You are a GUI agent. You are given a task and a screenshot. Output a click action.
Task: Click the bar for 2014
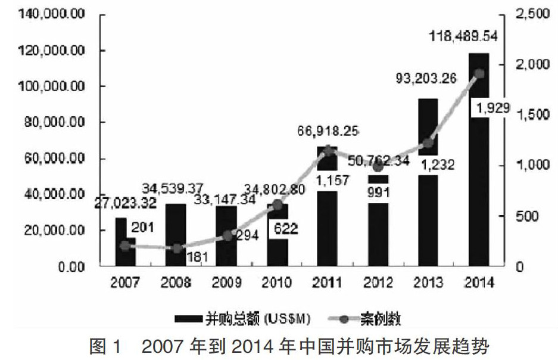pyautogui.click(x=479, y=160)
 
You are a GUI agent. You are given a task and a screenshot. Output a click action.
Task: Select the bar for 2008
pyautogui.click(x=176, y=235)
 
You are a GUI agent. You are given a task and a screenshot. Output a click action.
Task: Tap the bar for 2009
pyautogui.click(x=226, y=236)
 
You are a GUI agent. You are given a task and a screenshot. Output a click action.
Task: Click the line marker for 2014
pyautogui.click(x=479, y=74)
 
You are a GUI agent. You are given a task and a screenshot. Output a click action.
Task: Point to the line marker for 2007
pyautogui.click(x=125, y=246)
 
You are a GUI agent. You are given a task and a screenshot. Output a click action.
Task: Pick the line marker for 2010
pyautogui.click(x=278, y=205)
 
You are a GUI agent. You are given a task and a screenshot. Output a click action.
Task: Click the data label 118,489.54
pyautogui.click(x=463, y=36)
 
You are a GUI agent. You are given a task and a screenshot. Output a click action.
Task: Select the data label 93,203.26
pyautogui.click(x=426, y=78)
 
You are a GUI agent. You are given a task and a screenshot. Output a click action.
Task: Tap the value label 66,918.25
pyautogui.click(x=328, y=131)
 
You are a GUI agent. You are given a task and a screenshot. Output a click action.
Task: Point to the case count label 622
pyautogui.click(x=286, y=228)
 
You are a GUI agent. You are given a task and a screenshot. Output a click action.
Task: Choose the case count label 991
pyautogui.click(x=378, y=193)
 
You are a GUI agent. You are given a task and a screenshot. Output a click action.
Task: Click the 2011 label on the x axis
pyautogui.click(x=327, y=283)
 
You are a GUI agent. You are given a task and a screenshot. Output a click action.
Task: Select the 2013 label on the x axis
pyautogui.click(x=428, y=283)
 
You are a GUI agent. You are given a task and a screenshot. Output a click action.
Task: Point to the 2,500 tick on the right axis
pyautogui.click(x=532, y=14)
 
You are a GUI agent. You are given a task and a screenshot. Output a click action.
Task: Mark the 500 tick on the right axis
pyautogui.click(x=526, y=216)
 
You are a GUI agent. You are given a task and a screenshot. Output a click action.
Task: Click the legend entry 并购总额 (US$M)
pyautogui.click(x=242, y=318)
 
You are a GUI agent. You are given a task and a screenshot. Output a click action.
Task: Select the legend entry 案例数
pyautogui.click(x=364, y=319)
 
